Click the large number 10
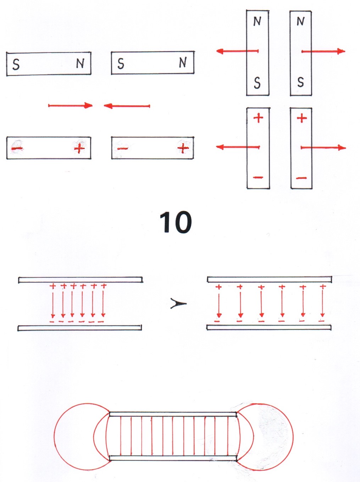[x=176, y=222]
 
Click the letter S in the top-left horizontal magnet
[x=16, y=65]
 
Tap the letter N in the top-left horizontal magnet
[x=80, y=63]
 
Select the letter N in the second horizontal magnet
[x=183, y=62]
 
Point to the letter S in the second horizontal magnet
[x=121, y=64]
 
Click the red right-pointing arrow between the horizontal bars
[x=70, y=105]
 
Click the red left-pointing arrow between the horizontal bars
[x=127, y=106]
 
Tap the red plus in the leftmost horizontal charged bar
[x=79, y=148]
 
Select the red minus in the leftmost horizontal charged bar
[x=17, y=148]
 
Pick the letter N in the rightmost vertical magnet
[x=300, y=22]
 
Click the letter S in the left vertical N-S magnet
[x=257, y=83]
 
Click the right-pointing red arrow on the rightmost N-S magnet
[x=323, y=51]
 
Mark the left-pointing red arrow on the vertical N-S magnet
[x=237, y=51]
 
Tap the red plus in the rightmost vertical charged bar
[x=301, y=118]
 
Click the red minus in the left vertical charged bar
[x=258, y=177]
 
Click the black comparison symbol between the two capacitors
[x=178, y=304]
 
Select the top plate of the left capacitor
[x=81, y=280]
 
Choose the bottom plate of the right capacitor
[x=269, y=327]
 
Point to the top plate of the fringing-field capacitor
[x=173, y=414]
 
